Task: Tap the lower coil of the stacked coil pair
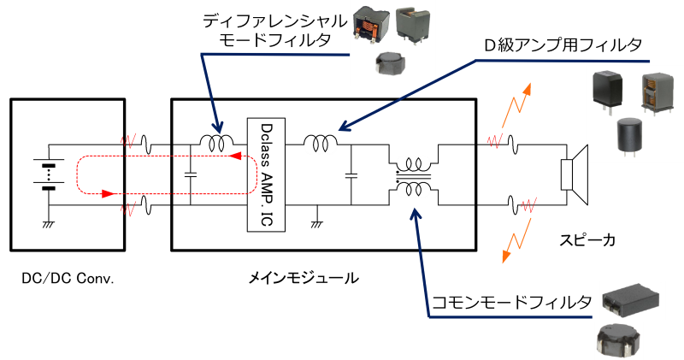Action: pos(414,193)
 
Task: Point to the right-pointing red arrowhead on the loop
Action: pos(109,194)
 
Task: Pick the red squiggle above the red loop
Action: pos(128,141)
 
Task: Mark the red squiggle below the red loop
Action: pos(128,209)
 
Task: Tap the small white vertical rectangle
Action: pos(566,174)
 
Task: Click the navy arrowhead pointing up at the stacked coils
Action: pos(414,216)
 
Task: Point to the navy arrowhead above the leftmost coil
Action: pos(217,127)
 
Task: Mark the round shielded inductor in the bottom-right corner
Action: pos(618,340)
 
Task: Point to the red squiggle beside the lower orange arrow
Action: pos(528,205)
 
